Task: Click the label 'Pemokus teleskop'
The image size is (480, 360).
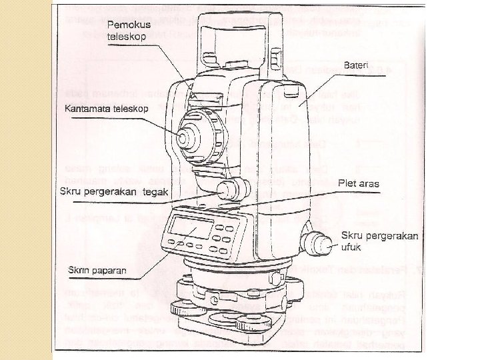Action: coord(130,30)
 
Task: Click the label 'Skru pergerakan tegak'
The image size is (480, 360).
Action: coord(113,192)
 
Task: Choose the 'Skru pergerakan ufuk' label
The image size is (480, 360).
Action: coord(379,241)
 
